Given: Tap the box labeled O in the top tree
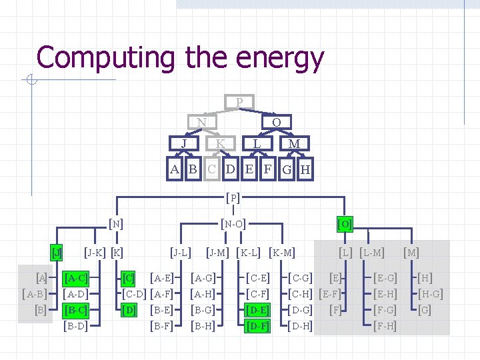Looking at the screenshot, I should click(x=276, y=123).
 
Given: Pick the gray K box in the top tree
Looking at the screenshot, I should click(x=221, y=143).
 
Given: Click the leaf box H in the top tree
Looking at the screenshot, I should click(x=305, y=169).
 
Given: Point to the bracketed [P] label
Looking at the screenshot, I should click(x=233, y=198).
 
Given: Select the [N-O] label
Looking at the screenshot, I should click(x=233, y=224).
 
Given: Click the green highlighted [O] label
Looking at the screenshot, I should click(x=345, y=223).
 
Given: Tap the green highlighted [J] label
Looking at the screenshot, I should click(x=57, y=253).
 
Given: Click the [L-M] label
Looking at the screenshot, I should click(x=372, y=253).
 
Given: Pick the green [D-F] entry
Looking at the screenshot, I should click(x=257, y=326).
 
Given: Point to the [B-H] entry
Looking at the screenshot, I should click(x=202, y=326).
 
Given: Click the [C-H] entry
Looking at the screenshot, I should click(x=300, y=294).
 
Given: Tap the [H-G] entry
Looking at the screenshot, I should click(x=430, y=294).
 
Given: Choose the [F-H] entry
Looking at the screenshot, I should click(x=385, y=326).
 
